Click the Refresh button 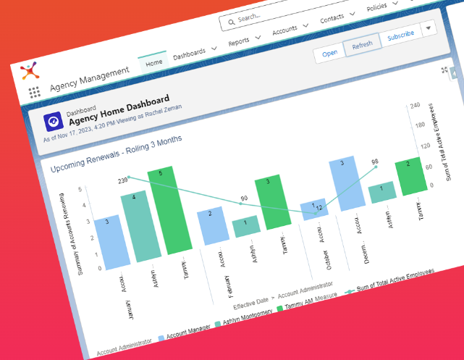[x=362, y=45]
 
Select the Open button [x=330, y=52]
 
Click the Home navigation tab [x=153, y=63]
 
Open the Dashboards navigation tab [x=189, y=54]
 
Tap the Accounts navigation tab [x=285, y=30]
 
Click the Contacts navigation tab [x=332, y=18]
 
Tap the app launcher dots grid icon [x=34, y=92]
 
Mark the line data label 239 [x=123, y=180]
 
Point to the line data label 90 [x=244, y=198]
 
